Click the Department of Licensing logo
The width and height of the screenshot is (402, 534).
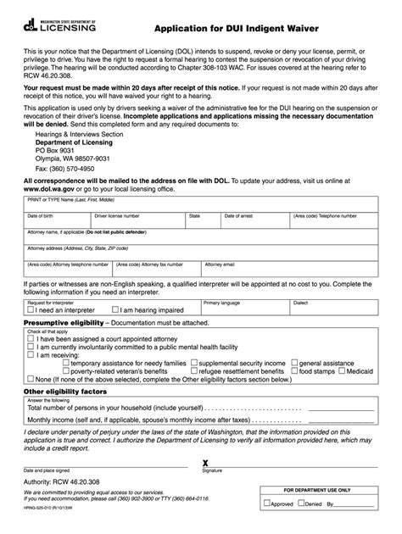point(60,24)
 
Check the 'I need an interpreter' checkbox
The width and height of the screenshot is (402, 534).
point(31,310)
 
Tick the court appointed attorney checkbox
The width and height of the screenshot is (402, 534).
point(31,337)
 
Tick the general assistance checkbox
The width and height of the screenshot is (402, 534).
point(294,362)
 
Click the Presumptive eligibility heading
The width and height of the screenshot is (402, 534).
point(64,322)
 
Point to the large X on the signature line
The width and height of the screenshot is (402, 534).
point(204,462)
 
